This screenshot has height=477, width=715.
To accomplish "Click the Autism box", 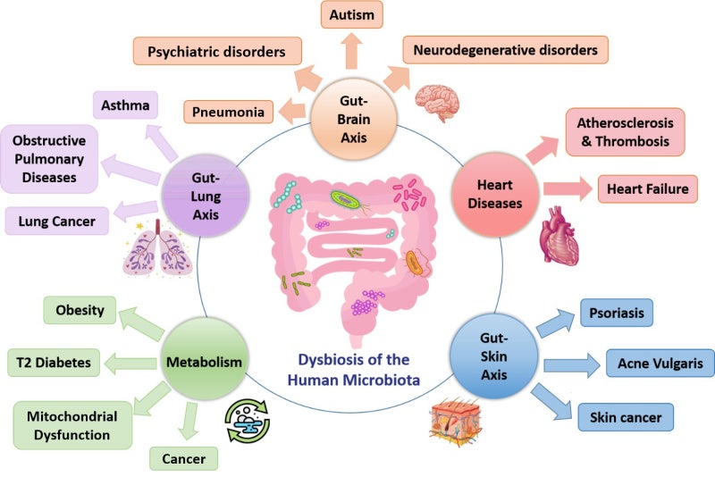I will [351, 15].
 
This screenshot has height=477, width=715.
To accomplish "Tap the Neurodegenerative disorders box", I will [506, 50].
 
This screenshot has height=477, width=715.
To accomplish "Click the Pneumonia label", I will [228, 113].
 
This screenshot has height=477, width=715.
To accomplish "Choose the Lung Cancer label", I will [56, 219].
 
